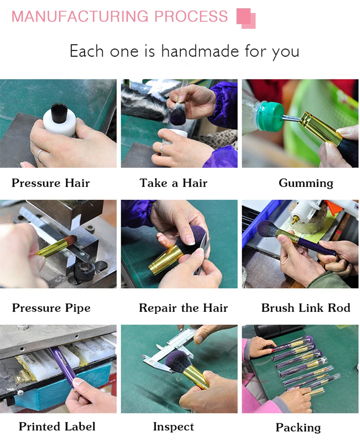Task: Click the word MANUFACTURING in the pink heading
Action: [80, 16]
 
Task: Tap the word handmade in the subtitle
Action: [200, 51]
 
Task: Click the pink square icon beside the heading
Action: [246, 18]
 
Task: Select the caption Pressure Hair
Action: [51, 183]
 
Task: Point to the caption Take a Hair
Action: [173, 183]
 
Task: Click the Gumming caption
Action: [306, 183]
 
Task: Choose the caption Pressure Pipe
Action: [51, 308]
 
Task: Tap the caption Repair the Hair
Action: [183, 308]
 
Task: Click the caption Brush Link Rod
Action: [306, 307]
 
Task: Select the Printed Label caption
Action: [57, 426]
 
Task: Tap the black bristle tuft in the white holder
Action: [59, 112]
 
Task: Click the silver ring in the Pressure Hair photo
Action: [39, 155]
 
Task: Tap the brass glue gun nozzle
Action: [295, 220]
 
